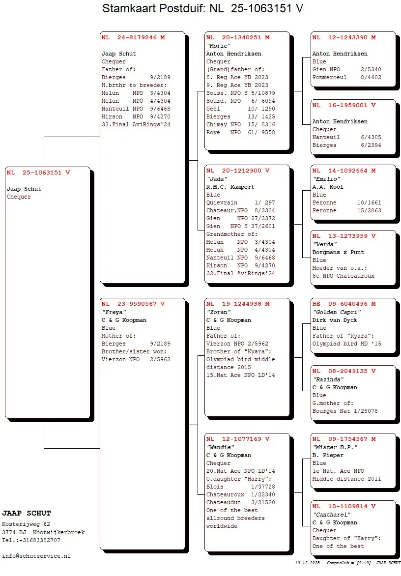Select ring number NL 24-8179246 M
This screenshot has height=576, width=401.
click(133, 37)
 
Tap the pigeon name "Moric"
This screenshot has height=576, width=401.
click(218, 46)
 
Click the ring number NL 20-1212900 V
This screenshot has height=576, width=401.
click(238, 171)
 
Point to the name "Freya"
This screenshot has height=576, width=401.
click(112, 312)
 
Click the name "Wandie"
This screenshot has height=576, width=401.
click(220, 447)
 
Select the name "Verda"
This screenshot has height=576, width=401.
click(324, 244)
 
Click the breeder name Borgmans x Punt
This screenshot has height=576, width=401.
click(338, 252)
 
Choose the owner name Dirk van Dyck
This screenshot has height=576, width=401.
click(335, 320)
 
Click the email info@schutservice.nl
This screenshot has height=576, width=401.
click(36, 556)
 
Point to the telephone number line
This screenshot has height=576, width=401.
click(32, 540)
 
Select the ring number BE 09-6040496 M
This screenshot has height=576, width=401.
click(344, 304)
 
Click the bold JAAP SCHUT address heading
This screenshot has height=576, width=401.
click(27, 514)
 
